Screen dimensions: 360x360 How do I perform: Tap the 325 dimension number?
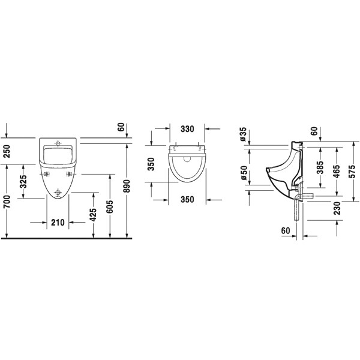tap(23, 181)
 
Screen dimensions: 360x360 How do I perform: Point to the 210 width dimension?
tap(58, 222)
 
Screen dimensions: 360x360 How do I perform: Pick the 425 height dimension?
tap(93, 215)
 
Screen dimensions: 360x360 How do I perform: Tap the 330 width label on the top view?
tap(187, 129)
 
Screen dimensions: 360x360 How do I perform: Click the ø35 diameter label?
tap(244, 134)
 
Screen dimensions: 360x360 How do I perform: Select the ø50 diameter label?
tap(244, 173)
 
